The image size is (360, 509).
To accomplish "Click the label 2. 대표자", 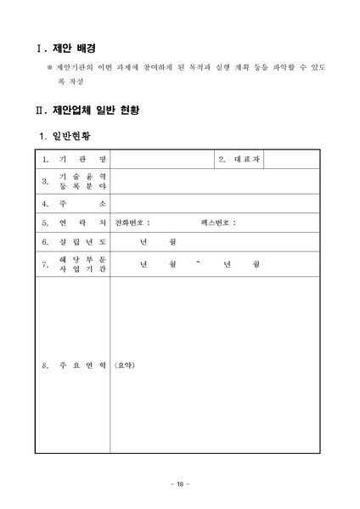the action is [240, 159].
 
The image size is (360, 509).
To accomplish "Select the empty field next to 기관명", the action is [160, 159].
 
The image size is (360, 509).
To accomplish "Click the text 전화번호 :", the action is [132, 223].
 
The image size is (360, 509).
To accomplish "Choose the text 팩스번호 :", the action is [218, 223].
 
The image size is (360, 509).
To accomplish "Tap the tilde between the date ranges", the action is [198, 263].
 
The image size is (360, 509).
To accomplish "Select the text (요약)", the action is [125, 365].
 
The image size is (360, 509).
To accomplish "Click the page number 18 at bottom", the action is [180, 484].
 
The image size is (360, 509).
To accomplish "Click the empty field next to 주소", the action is [214, 203].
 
